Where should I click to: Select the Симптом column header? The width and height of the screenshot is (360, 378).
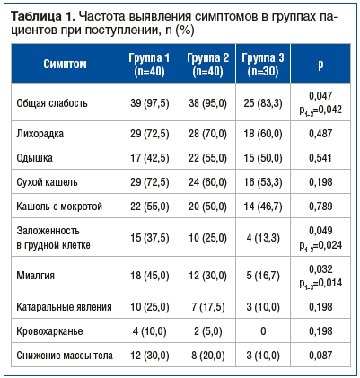click(x=66, y=65)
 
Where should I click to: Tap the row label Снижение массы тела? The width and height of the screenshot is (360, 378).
click(x=65, y=356)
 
